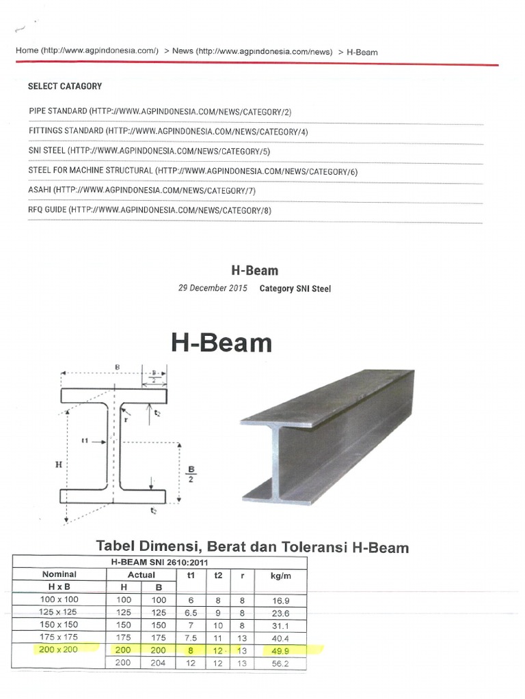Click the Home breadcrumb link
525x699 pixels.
(x=27, y=51)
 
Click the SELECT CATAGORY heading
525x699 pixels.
(x=65, y=87)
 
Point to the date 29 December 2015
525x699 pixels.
(x=211, y=289)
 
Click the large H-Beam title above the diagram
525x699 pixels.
(x=221, y=343)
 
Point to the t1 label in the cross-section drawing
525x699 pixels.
(x=86, y=441)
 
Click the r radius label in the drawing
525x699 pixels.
(x=126, y=420)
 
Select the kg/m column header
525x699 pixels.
(x=280, y=575)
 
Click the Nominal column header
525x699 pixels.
(x=59, y=575)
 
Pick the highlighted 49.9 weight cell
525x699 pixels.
(x=280, y=650)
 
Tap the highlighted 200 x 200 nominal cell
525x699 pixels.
(x=59, y=649)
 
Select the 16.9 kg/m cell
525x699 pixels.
(x=280, y=600)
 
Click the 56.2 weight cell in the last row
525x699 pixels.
(x=280, y=663)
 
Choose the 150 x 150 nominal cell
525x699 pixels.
(x=59, y=625)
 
